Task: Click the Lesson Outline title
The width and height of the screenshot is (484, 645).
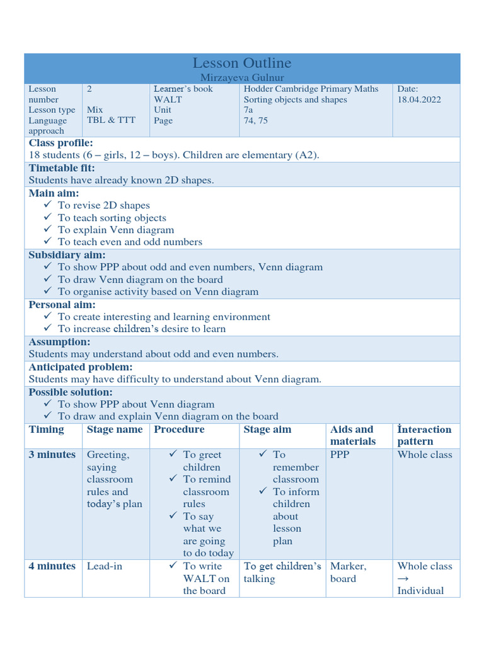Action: coord(242,63)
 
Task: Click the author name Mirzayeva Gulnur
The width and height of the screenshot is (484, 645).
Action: coord(242,77)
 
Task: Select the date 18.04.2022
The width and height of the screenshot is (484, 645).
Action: coord(419,100)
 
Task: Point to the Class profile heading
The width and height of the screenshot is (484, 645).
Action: coord(60,143)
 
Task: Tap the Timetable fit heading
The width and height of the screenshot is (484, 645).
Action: coord(62,168)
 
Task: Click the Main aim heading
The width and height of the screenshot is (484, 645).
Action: coord(54,193)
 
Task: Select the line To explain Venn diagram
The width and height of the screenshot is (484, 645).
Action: coord(115,230)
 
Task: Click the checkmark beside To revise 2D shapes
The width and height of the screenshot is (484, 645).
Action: coord(49,205)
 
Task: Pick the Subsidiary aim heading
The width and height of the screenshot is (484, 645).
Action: coord(67,255)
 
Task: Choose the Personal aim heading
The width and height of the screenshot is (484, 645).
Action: coord(62,305)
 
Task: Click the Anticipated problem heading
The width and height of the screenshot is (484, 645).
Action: coord(81,367)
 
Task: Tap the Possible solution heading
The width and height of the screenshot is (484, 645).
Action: coord(71,392)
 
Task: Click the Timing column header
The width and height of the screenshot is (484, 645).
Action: coord(46,430)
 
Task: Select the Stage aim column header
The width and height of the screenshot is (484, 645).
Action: coord(267,430)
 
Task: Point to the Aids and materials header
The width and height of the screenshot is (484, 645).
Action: coord(352,435)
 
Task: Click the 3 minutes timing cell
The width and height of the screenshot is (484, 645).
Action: coord(52,455)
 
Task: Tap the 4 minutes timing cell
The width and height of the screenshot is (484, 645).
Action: coord(52,566)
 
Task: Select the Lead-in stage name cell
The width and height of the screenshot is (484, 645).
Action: coord(105,566)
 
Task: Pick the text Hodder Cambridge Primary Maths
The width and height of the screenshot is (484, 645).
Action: coord(311,89)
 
